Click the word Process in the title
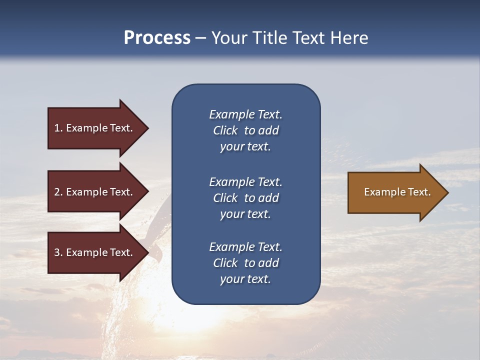pos(157,38)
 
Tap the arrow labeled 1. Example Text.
pos(93,128)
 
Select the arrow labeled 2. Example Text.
pos(93,192)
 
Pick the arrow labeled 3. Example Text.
pos(93,252)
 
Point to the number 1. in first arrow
pos(58,128)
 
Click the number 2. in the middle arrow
pos(58,192)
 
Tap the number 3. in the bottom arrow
pos(58,252)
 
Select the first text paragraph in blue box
pos(245,130)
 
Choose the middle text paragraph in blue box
pos(245,198)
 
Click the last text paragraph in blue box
pos(245,263)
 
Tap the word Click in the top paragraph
pos(225,130)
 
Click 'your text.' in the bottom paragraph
pos(245,279)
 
